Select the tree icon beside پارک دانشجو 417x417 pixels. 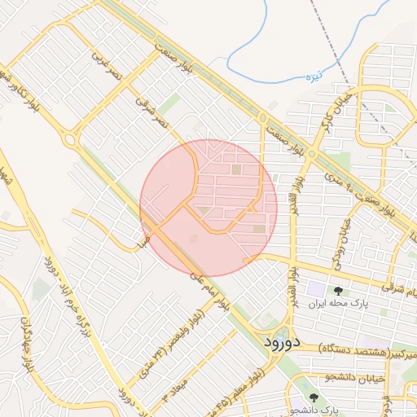click(x=315, y=397)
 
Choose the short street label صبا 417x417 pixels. click(x=142, y=241)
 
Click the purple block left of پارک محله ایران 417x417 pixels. click(x=314, y=289)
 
